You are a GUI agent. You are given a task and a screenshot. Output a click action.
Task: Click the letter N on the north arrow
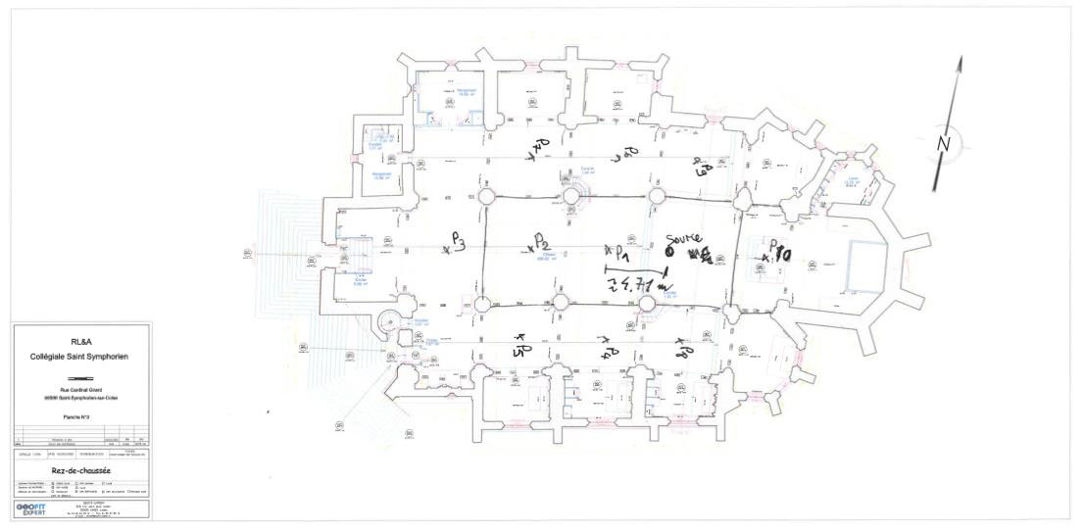pyautogui.click(x=945, y=143)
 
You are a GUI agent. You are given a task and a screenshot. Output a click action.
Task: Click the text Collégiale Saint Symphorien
pyautogui.click(x=81, y=358)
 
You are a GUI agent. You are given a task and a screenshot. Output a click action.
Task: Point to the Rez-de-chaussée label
pyautogui.click(x=80, y=470)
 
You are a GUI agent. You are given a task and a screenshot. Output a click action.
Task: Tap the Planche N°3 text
pyautogui.click(x=81, y=415)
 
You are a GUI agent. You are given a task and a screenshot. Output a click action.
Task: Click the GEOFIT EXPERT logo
pyautogui.click(x=31, y=509)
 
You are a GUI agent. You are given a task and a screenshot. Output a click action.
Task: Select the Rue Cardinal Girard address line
pyautogui.click(x=81, y=389)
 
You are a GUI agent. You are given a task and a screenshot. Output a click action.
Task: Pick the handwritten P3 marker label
pyautogui.click(x=458, y=241)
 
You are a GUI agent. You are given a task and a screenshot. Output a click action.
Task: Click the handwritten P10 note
pyautogui.click(x=778, y=252)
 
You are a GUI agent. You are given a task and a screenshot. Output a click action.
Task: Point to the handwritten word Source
pyautogui.click(x=682, y=239)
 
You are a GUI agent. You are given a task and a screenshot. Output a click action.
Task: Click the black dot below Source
pyautogui.click(x=668, y=251)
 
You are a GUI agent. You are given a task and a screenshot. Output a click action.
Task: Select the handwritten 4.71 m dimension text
pyautogui.click(x=637, y=284)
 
